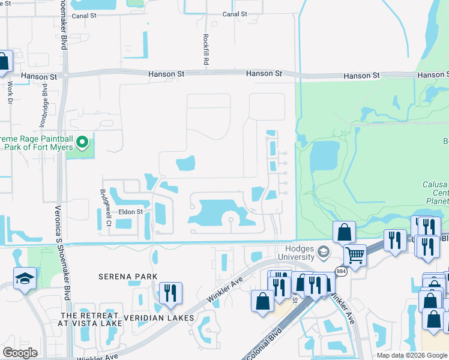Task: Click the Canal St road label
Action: click(235, 14)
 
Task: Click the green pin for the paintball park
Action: click(83, 142)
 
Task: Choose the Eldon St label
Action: click(130, 212)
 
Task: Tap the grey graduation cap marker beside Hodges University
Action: click(324, 251)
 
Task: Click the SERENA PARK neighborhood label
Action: click(128, 277)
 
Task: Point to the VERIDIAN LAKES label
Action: click(159, 317)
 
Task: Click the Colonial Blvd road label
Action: click(268, 341)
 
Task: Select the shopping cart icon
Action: click(355, 254)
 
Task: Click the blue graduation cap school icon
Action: click(25, 278)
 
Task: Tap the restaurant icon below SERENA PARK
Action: click(170, 293)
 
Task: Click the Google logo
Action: click(20, 352)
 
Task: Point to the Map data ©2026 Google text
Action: click(411, 355)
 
